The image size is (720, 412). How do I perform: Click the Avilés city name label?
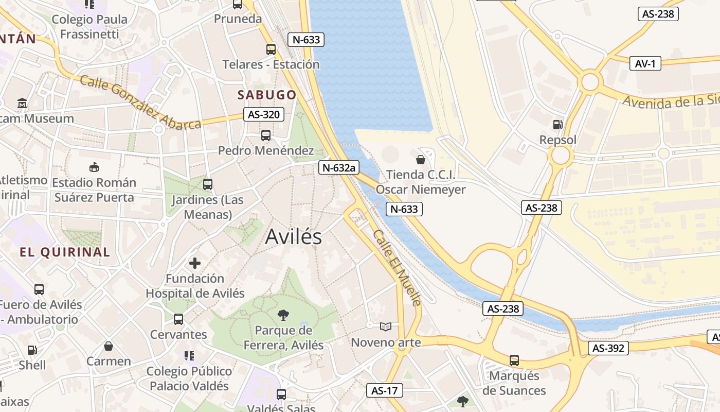coord(294,237)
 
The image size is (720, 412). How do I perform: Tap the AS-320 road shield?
coord(264,114)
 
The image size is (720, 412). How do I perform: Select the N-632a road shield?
coord(338,167)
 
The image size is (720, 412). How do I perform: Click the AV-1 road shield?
coord(645,63)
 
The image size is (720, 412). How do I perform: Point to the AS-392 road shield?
coord(608,348)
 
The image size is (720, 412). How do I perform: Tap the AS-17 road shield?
coord(384,390)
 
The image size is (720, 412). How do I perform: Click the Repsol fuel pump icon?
coord(557,124)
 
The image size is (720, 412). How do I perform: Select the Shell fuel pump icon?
coord(32,350)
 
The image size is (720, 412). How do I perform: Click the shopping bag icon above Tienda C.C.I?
coord(421,159)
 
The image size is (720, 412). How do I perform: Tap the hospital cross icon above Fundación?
coord(195,263)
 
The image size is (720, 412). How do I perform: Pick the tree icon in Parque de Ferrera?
coord(283,315)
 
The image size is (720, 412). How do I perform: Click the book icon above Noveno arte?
coord(386,327)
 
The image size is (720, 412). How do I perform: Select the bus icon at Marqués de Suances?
coord(514,360)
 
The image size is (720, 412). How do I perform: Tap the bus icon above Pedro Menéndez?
coord(265,135)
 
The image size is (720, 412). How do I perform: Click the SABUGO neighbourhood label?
coord(266,95)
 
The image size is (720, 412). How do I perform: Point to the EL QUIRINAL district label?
coord(65,252)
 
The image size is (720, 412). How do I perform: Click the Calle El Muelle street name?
coord(397,267)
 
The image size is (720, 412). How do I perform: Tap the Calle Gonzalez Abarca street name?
coord(140,102)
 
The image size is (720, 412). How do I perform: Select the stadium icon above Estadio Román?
coord(94,167)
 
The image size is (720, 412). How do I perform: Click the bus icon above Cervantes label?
coord(178,319)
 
